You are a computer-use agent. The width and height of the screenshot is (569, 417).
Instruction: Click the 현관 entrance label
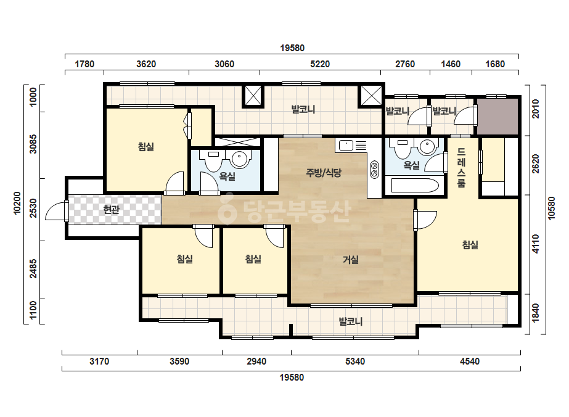coord(111,210)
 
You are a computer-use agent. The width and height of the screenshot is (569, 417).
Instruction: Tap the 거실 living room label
coord(351,260)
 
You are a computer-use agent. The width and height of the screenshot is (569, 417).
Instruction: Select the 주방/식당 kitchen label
coord(324,173)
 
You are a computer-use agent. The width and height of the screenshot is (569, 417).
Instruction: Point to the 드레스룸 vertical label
coord(461,167)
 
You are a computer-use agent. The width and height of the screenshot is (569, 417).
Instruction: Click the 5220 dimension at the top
coord(320,64)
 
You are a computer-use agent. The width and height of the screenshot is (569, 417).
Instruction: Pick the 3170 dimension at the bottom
coord(99,361)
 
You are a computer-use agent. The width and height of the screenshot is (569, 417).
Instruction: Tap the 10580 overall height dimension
coord(552,208)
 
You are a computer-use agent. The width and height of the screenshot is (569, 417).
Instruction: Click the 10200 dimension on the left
coord(17,203)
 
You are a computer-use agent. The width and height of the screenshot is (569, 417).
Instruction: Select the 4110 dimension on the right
coord(536,244)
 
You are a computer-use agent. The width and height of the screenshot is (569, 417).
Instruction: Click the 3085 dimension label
coord(33,144)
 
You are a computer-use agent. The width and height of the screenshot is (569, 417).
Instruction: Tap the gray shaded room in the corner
coord(497,116)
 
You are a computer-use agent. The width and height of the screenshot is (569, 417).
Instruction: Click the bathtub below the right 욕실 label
coord(415,186)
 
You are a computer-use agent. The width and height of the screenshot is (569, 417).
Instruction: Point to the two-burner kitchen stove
coord(374,170)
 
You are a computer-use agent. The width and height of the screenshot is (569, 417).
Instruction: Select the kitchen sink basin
coord(346,146)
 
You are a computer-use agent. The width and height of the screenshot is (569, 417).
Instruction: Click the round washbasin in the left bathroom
coord(240,159)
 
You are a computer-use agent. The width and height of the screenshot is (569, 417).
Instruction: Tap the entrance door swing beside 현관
coord(55,211)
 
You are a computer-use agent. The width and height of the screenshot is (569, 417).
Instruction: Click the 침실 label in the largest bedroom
coord(470,245)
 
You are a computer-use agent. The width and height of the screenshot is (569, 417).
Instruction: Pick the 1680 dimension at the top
coord(496,64)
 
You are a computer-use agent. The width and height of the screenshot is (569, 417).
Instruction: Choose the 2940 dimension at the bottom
coord(256,361)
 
